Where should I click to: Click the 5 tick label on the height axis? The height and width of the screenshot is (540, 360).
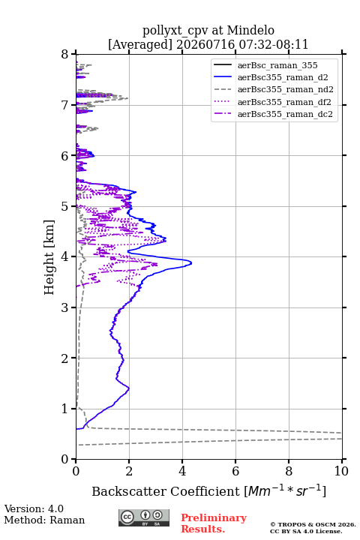pyautogui.click(x=65, y=206)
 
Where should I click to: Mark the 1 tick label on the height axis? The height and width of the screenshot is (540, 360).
pyautogui.click(x=65, y=409)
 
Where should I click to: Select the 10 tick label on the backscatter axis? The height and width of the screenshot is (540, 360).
pyautogui.click(x=341, y=471)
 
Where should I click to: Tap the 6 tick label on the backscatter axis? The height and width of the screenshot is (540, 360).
pyautogui.click(x=235, y=471)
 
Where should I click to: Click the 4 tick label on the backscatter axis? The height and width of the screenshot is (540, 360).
pyautogui.click(x=182, y=471)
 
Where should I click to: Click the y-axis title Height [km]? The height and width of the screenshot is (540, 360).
pyautogui.click(x=49, y=257)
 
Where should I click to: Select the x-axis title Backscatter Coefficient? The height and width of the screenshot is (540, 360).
pyautogui.click(x=166, y=491)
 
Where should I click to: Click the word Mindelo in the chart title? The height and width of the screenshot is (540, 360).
pyautogui.click(x=250, y=30)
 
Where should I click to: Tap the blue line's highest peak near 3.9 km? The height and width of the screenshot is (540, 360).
pyautogui.click(x=191, y=263)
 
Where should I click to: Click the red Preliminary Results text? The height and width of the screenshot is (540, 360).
pyautogui.click(x=214, y=523)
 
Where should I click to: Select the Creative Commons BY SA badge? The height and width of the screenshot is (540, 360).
pyautogui.click(x=144, y=518)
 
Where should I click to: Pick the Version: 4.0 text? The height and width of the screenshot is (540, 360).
pyautogui.click(x=34, y=508)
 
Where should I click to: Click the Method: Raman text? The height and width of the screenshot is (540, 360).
pyautogui.click(x=44, y=520)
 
